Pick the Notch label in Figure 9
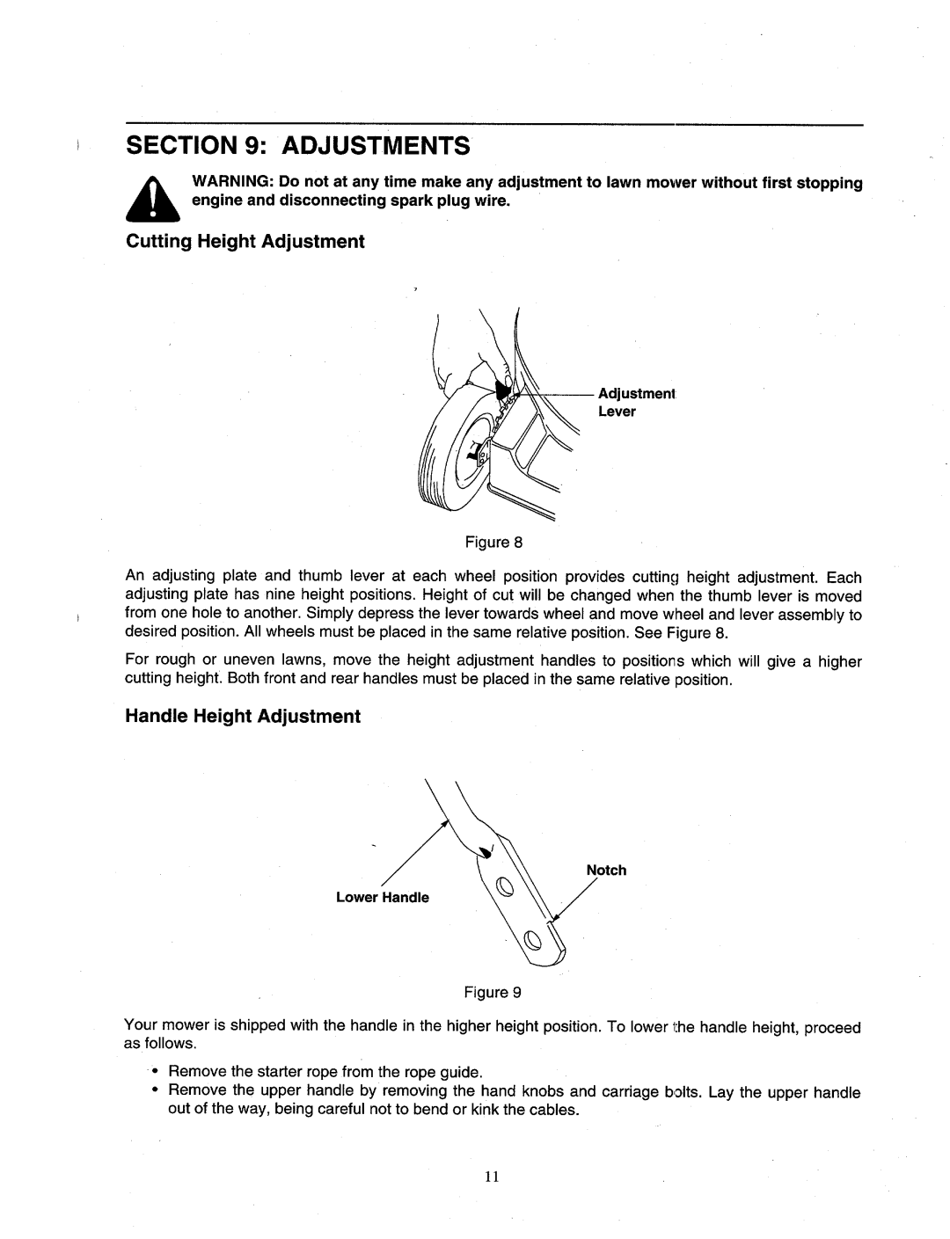click(606, 870)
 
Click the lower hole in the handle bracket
click(531, 939)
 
